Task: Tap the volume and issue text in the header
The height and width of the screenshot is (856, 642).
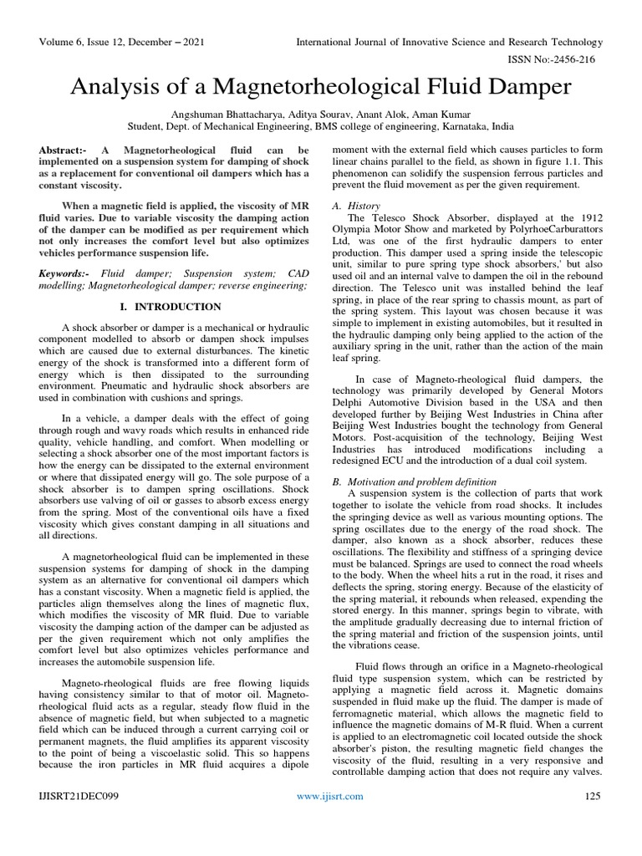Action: click(120, 43)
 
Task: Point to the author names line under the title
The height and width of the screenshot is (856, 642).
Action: click(320, 113)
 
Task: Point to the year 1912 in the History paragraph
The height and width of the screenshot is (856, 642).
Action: click(588, 218)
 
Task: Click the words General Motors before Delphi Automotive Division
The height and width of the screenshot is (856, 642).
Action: click(563, 391)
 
